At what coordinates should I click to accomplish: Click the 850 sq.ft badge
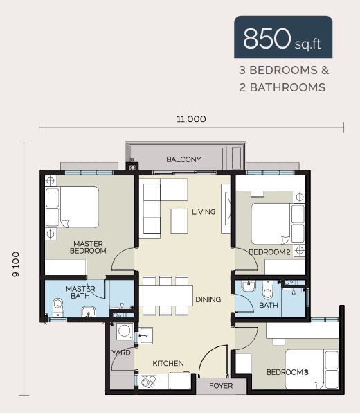[x=283, y=37]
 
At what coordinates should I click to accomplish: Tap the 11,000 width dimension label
[x=191, y=119]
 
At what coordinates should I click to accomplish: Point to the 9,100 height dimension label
[x=16, y=264]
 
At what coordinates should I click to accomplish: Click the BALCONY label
[x=183, y=159]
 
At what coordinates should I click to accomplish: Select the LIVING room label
[x=204, y=212]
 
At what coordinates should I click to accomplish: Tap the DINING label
[x=208, y=299]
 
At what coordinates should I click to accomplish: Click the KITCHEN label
[x=168, y=364]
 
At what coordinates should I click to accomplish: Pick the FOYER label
[x=221, y=386]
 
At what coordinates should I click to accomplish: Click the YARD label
[x=120, y=353]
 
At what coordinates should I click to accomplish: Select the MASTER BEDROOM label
[x=88, y=247]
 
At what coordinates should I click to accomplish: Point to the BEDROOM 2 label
[x=269, y=252]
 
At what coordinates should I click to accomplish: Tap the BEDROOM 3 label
[x=287, y=372]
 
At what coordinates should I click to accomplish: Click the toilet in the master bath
[x=57, y=307]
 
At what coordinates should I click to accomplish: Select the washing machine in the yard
[x=125, y=331]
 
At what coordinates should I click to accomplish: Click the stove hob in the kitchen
[x=148, y=382]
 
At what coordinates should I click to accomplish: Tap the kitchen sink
[x=146, y=335]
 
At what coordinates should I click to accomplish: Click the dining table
[x=165, y=296]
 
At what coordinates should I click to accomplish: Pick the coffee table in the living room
[x=179, y=221]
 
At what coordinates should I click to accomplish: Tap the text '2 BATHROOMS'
[x=282, y=87]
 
